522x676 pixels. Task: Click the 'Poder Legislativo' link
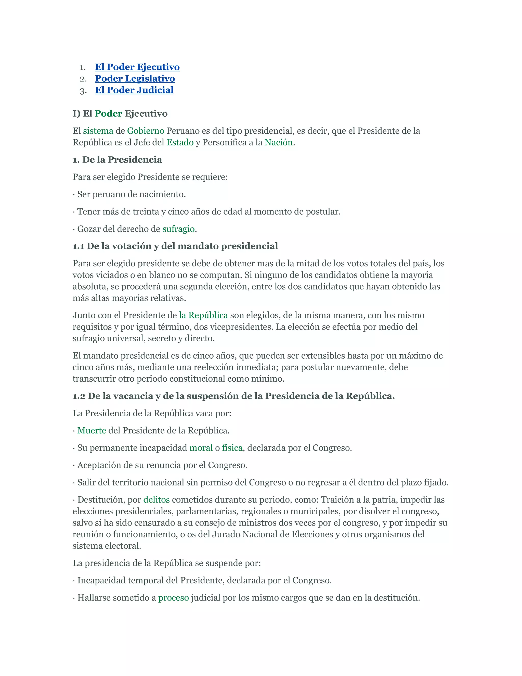coord(135,79)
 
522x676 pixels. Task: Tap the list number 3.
coord(83,91)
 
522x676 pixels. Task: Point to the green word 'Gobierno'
coord(145,131)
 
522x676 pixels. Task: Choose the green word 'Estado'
coord(180,142)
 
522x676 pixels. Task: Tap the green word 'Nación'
coord(278,142)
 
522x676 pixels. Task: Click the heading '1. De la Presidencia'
coord(117,160)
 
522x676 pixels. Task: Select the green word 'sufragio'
coord(178,229)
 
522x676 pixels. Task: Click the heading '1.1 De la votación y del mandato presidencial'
coord(175,246)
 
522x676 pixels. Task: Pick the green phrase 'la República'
coord(203,315)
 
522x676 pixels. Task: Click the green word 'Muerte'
coord(92,431)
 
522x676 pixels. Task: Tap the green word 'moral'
coord(201,448)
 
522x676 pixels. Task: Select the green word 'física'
coord(232,448)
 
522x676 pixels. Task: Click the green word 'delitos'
coord(156,499)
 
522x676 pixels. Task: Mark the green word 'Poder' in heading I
coord(108,114)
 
